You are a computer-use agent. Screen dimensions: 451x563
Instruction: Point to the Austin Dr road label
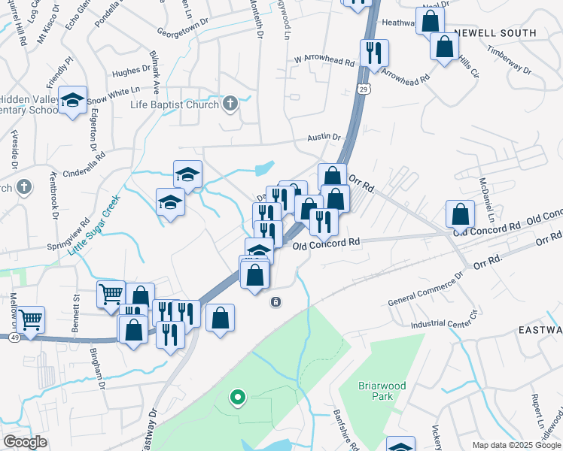(324, 138)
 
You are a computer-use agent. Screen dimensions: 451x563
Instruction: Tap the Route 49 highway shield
(14, 338)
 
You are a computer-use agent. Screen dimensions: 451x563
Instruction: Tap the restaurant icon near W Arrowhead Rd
(373, 53)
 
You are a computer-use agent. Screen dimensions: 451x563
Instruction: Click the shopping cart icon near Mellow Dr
(29, 320)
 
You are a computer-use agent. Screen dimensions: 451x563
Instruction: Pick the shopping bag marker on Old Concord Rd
(460, 214)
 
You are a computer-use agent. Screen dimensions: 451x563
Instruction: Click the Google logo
(26, 443)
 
